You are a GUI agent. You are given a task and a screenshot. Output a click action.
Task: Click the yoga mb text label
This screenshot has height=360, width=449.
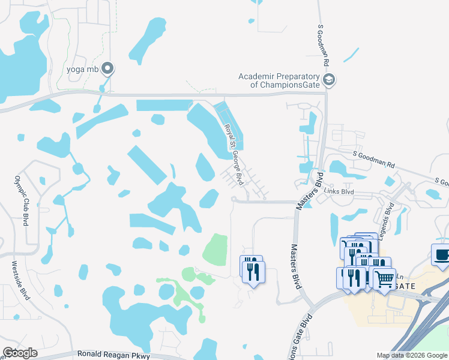point(82,69)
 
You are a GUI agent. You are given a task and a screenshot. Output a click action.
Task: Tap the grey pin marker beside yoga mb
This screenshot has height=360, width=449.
point(107,69)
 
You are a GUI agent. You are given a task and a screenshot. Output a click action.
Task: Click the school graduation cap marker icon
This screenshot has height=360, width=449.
point(328,80)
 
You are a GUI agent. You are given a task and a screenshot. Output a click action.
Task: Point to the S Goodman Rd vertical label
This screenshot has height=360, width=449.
point(324,46)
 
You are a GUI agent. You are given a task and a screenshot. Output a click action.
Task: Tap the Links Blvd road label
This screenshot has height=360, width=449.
point(339,192)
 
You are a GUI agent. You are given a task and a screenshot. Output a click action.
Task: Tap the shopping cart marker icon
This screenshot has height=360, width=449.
point(385,278)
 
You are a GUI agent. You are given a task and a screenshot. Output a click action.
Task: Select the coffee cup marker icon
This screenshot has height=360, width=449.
point(441,254)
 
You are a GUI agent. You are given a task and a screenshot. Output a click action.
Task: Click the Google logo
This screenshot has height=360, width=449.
point(20,353)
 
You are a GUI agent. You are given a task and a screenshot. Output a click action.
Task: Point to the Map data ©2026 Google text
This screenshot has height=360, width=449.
point(412,355)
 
